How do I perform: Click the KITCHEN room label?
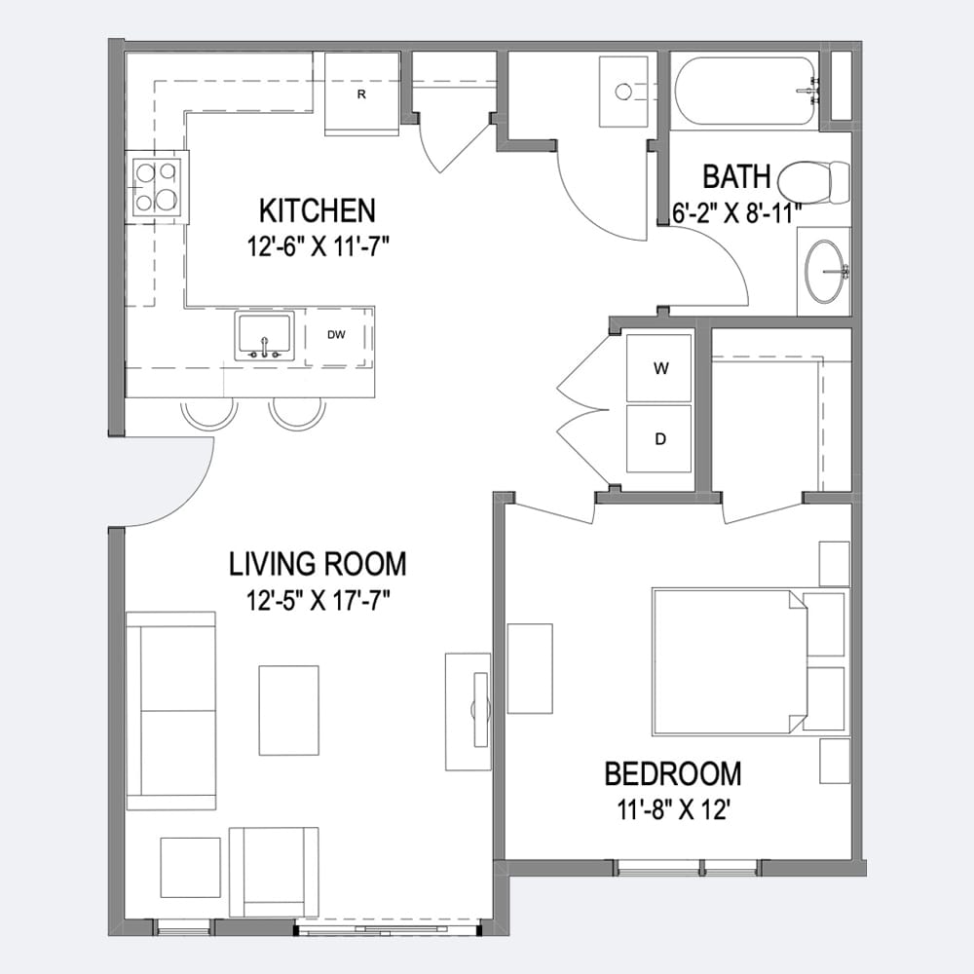coord(318,210)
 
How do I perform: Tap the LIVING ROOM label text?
coord(318,564)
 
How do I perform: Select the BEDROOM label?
coord(673,774)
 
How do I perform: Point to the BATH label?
coord(736,176)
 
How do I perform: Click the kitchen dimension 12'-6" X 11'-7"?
coord(318,247)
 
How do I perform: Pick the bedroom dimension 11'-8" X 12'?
coord(673,809)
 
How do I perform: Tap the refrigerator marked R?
coord(361,94)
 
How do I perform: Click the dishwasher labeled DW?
coord(336,335)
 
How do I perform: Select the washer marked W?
coord(659,368)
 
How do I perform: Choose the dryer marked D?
coord(659,439)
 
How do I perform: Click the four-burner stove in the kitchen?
coord(157,187)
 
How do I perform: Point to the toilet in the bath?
coord(813,184)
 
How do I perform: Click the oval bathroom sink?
coord(825,272)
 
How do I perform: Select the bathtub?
coord(745,92)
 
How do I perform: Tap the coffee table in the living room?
coord(289,710)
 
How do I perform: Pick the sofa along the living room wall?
coord(170,710)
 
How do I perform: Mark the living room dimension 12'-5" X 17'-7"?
coord(318,601)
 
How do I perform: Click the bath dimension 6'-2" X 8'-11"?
coord(736,213)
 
